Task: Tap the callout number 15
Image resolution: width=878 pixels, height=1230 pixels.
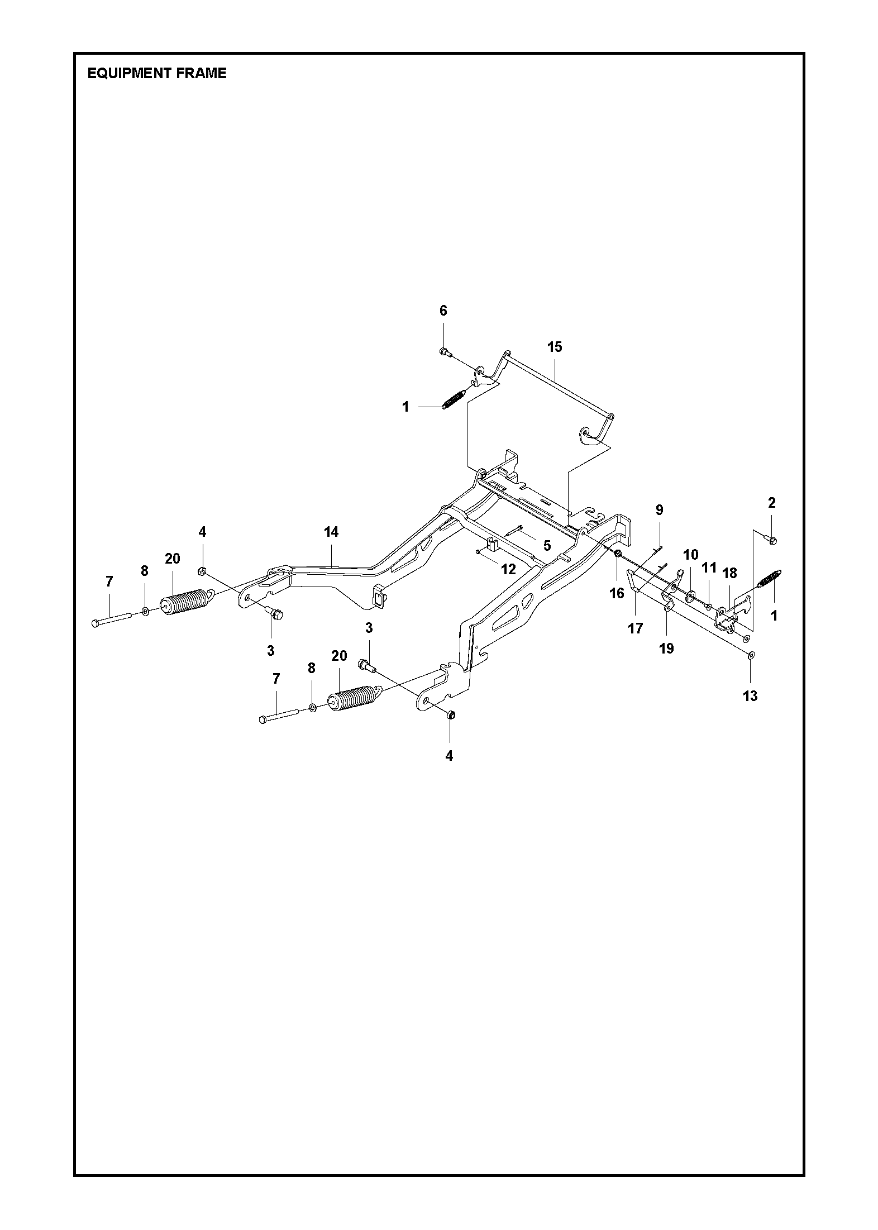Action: tap(554, 347)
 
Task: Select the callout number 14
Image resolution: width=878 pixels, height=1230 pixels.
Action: tap(331, 532)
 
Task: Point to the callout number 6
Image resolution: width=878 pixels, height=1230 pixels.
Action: tap(443, 311)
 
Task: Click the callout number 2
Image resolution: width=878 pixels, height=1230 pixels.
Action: tap(772, 503)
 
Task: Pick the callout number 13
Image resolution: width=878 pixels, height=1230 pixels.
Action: tap(750, 695)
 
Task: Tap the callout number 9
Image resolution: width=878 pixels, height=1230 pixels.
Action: tap(659, 509)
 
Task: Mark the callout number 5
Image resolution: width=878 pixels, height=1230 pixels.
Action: tap(547, 545)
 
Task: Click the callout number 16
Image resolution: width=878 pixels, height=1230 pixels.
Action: tap(617, 593)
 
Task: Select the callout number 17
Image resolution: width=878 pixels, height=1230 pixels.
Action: tap(635, 628)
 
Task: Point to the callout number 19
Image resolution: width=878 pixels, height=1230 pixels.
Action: tap(666, 648)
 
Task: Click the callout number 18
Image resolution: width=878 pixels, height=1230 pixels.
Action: tap(729, 573)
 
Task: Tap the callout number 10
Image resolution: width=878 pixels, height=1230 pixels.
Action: tap(691, 555)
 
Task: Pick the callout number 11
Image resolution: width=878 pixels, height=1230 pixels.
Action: tap(709, 568)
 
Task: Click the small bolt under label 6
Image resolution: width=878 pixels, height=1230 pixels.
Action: tap(445, 351)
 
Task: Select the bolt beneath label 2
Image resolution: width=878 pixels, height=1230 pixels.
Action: tap(773, 540)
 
